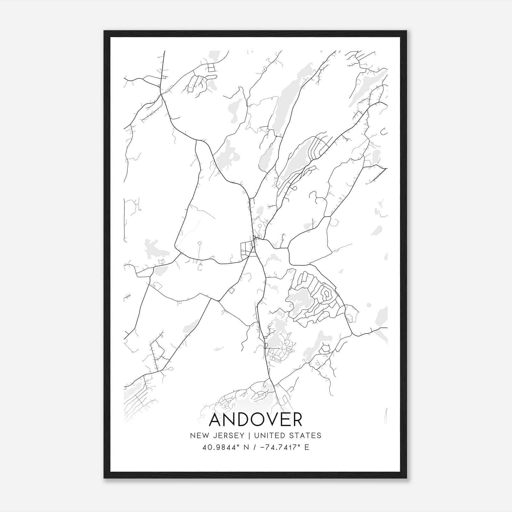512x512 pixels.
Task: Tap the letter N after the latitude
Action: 247,447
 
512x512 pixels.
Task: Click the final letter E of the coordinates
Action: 307,447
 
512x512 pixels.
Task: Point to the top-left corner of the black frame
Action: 104,31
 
